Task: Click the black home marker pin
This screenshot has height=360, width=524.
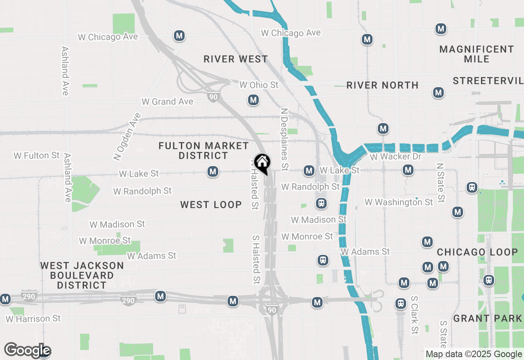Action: point(262,163)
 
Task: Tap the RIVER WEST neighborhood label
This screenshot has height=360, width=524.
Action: point(236,59)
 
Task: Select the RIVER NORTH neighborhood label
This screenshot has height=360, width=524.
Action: point(382,85)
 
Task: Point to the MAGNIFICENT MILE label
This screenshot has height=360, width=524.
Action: point(477,54)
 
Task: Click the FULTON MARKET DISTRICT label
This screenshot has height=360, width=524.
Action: point(203,151)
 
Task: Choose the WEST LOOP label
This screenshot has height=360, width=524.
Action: point(211,205)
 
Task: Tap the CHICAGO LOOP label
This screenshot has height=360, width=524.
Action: point(477,252)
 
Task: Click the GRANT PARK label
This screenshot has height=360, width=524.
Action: point(488,318)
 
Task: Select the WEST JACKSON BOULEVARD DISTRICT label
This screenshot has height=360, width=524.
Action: point(82,275)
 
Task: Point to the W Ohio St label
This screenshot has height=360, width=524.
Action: point(259,85)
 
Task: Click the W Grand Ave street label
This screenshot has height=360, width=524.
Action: point(167,101)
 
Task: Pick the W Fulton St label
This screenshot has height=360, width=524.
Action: point(36,155)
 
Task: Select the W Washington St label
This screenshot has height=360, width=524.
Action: point(398,202)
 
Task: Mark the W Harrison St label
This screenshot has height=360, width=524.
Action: point(33,318)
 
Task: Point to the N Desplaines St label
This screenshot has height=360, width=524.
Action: point(285,139)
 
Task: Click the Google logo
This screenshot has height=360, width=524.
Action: point(27,351)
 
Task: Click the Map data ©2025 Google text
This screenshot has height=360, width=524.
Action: point(474,354)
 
